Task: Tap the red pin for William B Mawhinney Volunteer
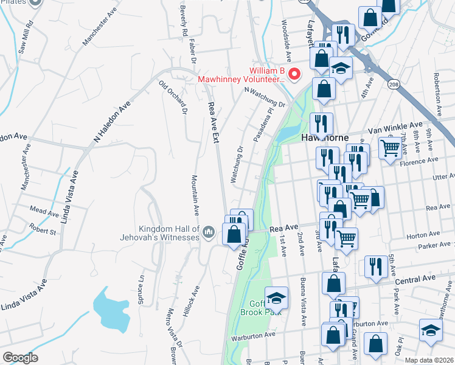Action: (x=294, y=75)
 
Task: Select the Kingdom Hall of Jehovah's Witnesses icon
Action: (x=209, y=231)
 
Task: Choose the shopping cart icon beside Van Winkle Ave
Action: (x=391, y=148)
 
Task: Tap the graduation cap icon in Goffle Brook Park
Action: (x=276, y=297)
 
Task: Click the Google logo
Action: (x=20, y=358)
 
